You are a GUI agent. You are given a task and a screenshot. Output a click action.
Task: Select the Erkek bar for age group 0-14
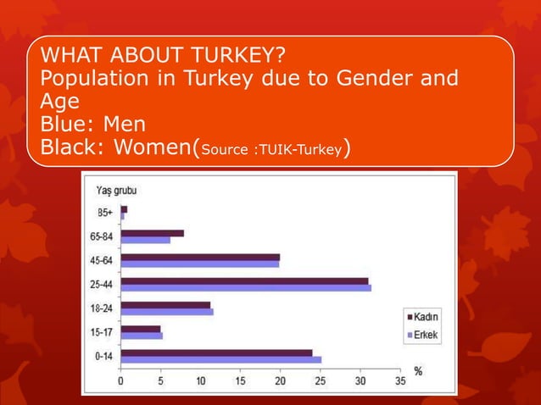pyautogui.click(x=221, y=359)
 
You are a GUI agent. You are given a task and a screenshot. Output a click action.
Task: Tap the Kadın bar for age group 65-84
pyautogui.click(x=153, y=233)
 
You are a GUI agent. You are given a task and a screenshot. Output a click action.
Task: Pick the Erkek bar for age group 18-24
pyautogui.click(x=167, y=312)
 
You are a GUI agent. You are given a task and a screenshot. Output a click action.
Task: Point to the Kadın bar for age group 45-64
pyautogui.click(x=200, y=257)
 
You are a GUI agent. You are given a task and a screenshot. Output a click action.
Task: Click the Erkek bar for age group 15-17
pyautogui.click(x=142, y=336)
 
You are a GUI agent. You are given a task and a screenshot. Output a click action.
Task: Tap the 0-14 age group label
pyautogui.click(x=103, y=356)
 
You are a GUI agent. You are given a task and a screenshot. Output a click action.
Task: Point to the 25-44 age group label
pyautogui.click(x=103, y=284)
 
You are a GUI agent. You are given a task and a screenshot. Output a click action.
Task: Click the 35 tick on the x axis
pyautogui.click(x=400, y=381)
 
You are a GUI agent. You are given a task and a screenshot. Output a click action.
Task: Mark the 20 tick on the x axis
pyautogui.click(x=280, y=381)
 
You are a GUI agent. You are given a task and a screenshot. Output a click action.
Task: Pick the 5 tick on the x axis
pyautogui.click(x=161, y=381)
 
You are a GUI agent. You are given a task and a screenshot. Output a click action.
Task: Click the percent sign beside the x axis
pyautogui.click(x=418, y=371)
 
